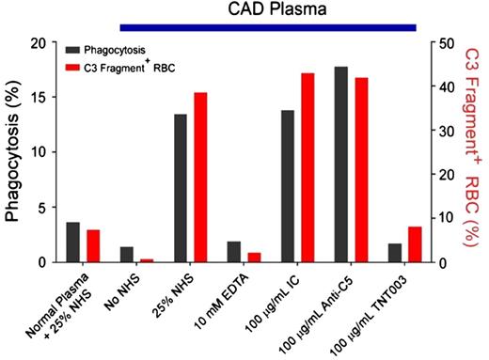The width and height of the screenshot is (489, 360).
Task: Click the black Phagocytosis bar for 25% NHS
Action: pyautogui.click(x=180, y=188)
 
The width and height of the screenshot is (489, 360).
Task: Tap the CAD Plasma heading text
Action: pyautogui.click(x=268, y=9)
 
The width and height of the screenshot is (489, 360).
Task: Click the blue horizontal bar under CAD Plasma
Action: pyautogui.click(x=268, y=27)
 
